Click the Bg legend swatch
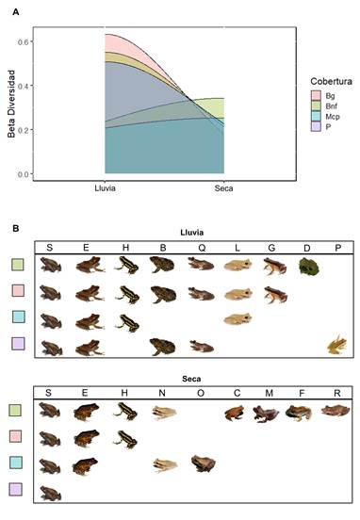pos(316,95)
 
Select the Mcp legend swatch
pos(316,116)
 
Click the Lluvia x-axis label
pos(105,188)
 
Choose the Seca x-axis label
pos(223,188)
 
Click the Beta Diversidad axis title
pos(11,104)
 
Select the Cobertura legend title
pos(331,81)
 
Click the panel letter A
pos(16,12)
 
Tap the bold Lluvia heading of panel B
pos(191,233)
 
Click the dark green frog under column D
pos(308,267)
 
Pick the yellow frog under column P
pos(336,345)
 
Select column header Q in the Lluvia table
pos(202,248)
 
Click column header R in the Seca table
pos(337,394)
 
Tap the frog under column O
pos(204,463)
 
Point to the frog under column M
pos(266,414)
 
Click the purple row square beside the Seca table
pos(15,489)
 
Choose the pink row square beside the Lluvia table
pos(18,290)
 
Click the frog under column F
pos(299,413)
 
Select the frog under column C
pos(235,414)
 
